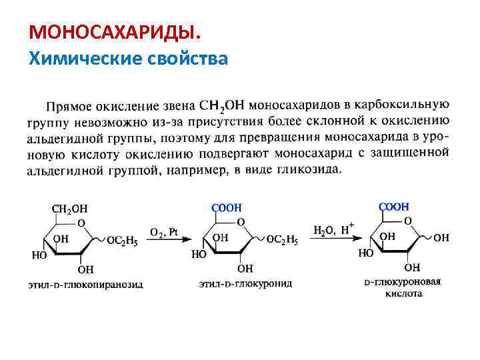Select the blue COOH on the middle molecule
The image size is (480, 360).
point(227,208)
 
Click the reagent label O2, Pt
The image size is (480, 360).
point(163,231)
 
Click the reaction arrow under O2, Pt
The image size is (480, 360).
point(163,240)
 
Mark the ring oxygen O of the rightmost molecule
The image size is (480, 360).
point(407,221)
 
